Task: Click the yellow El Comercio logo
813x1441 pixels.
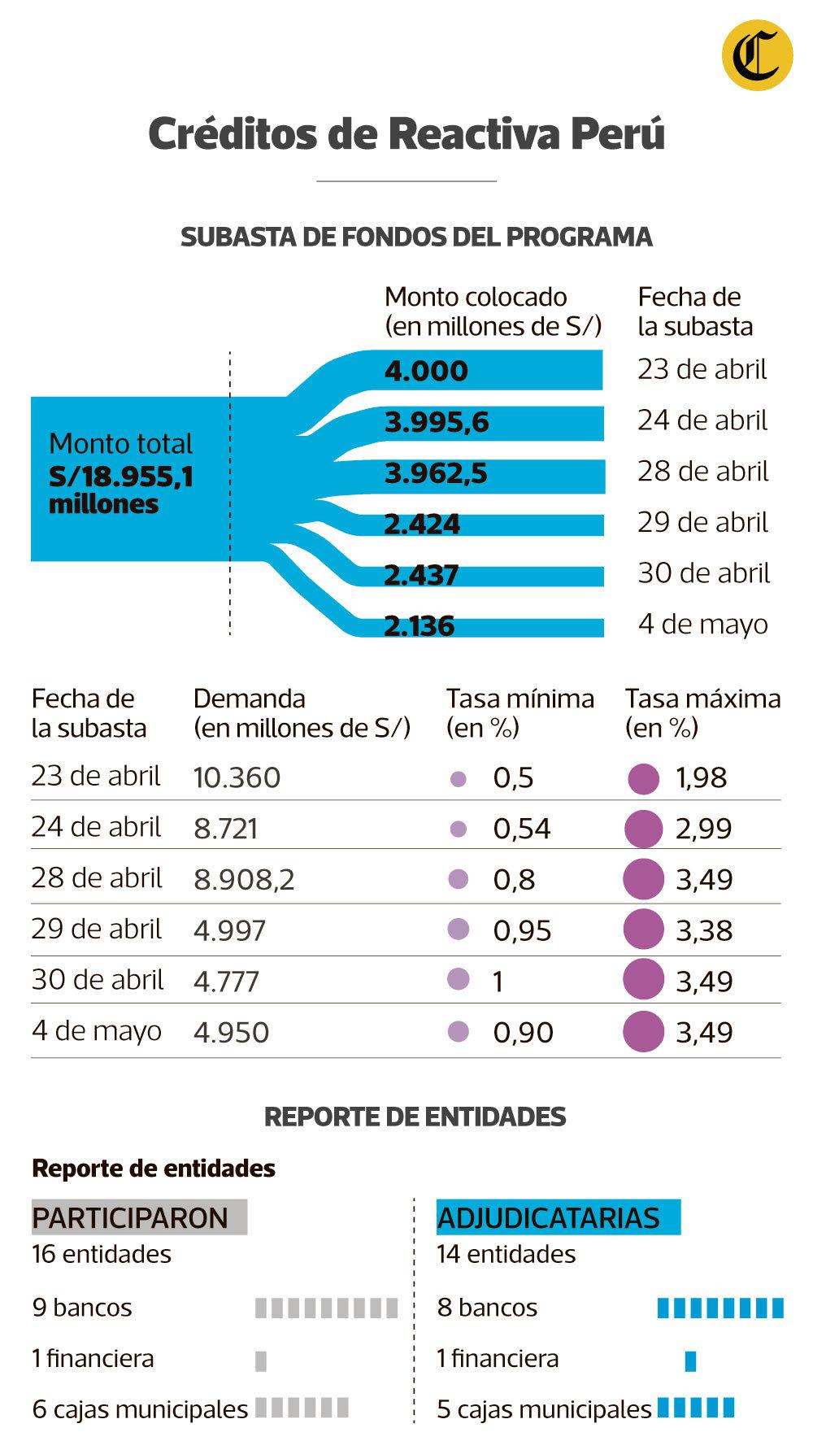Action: pos(757,54)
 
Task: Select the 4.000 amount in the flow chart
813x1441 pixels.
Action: pos(426,371)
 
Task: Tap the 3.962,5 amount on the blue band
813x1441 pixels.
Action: pos(436,473)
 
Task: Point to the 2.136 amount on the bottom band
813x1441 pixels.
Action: pos(419,626)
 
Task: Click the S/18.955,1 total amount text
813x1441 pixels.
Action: pos(121,477)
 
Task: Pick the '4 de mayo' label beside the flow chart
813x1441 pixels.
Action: pos(702,624)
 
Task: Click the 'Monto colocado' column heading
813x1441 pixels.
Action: pos(476,297)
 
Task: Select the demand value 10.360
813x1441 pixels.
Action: pos(237,778)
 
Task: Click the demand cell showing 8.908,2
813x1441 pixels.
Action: pos(244,880)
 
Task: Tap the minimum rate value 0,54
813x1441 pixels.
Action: pos(522,829)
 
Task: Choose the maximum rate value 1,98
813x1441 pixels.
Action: pos(701,778)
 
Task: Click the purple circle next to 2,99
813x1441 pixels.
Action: pos(644,829)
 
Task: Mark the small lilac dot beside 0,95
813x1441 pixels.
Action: pos(459,929)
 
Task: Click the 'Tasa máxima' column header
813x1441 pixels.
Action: pos(702,699)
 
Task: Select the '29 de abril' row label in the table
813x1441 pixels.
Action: pos(96,929)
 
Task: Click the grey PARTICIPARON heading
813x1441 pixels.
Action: pos(130,1218)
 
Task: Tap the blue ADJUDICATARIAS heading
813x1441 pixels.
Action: pos(549,1218)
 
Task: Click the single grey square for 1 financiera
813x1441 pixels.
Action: pos(261,1360)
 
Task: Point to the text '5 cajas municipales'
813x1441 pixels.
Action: pos(544,1409)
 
